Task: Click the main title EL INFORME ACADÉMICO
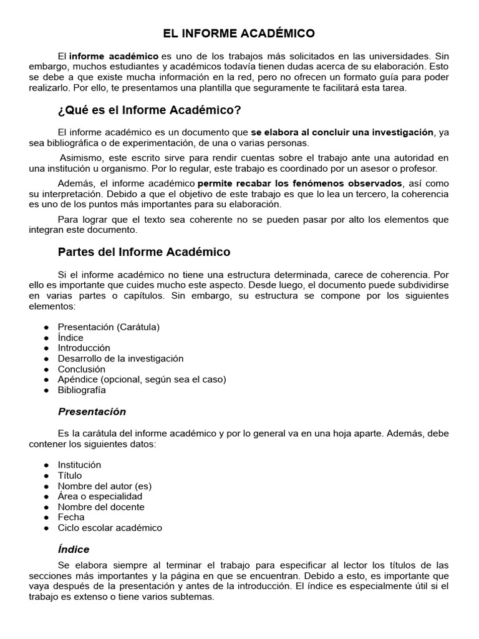(239, 33)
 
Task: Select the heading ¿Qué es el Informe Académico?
(149, 110)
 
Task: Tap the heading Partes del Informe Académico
(144, 252)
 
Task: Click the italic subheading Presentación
(92, 412)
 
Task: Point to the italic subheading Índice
(74, 550)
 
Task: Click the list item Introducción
(84, 348)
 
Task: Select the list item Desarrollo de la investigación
(120, 358)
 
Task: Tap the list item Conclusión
(81, 369)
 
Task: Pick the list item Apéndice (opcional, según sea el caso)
(142, 379)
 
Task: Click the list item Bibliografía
(82, 390)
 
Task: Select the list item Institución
(79, 465)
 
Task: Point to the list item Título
(70, 476)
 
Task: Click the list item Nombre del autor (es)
(105, 486)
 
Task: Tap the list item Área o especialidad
(100, 496)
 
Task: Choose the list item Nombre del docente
(101, 507)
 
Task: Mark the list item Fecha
(71, 517)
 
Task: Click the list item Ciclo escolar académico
(110, 528)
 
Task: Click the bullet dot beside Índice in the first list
(47, 338)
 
